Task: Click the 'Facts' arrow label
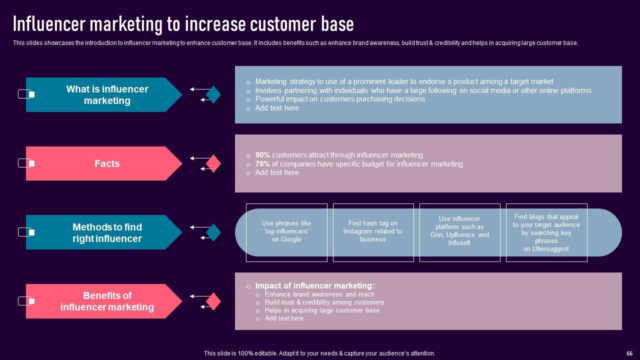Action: click(107, 163)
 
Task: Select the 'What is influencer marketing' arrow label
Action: click(107, 95)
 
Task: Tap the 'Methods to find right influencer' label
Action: click(107, 233)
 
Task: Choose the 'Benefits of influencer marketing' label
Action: click(107, 301)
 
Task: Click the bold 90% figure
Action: click(262, 155)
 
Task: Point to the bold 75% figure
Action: click(262, 164)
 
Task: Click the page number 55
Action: click(629, 353)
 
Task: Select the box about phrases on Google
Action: click(286, 232)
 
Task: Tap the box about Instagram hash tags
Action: click(373, 232)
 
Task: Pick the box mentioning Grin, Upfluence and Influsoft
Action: click(459, 232)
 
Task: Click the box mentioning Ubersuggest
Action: click(546, 232)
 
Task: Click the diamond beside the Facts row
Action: click(213, 163)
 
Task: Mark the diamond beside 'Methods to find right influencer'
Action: click(213, 232)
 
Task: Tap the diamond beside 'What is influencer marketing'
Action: click(213, 94)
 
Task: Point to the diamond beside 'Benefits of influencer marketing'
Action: click(213, 301)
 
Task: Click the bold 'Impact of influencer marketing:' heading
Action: click(314, 286)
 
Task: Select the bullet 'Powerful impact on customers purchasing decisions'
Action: click(339, 99)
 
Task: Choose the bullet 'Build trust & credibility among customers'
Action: click(324, 302)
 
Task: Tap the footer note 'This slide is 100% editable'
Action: click(319, 353)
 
